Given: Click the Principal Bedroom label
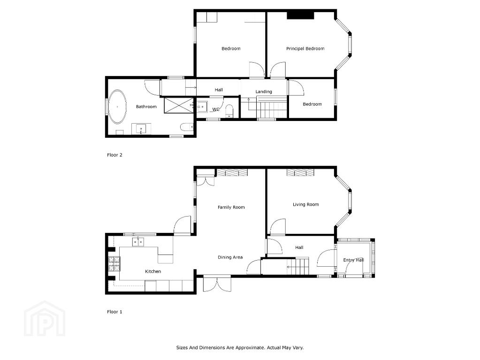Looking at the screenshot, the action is (305, 49).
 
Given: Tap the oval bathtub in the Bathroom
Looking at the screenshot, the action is (118, 107).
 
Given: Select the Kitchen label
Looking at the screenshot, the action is (153, 271).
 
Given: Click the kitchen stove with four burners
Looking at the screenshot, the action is (114, 264).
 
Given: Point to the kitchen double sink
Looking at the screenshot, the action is (138, 242).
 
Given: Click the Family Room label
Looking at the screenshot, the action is (231, 207).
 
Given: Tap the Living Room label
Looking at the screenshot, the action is (305, 205).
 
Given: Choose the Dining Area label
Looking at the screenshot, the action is (230, 257).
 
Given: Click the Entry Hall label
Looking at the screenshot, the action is (354, 260).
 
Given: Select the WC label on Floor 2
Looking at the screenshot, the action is (216, 109).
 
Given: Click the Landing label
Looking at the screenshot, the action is (264, 92).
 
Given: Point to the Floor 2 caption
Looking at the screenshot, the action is (114, 155).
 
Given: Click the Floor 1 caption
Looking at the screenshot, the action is (114, 312).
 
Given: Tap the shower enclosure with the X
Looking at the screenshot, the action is (179, 105).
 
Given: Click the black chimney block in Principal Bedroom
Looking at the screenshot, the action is (301, 15).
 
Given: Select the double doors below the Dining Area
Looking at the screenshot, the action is (217, 284).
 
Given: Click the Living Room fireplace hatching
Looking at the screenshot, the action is (300, 172).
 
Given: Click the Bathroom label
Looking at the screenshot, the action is (146, 107).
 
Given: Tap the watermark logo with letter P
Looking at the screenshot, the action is (45, 318).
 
